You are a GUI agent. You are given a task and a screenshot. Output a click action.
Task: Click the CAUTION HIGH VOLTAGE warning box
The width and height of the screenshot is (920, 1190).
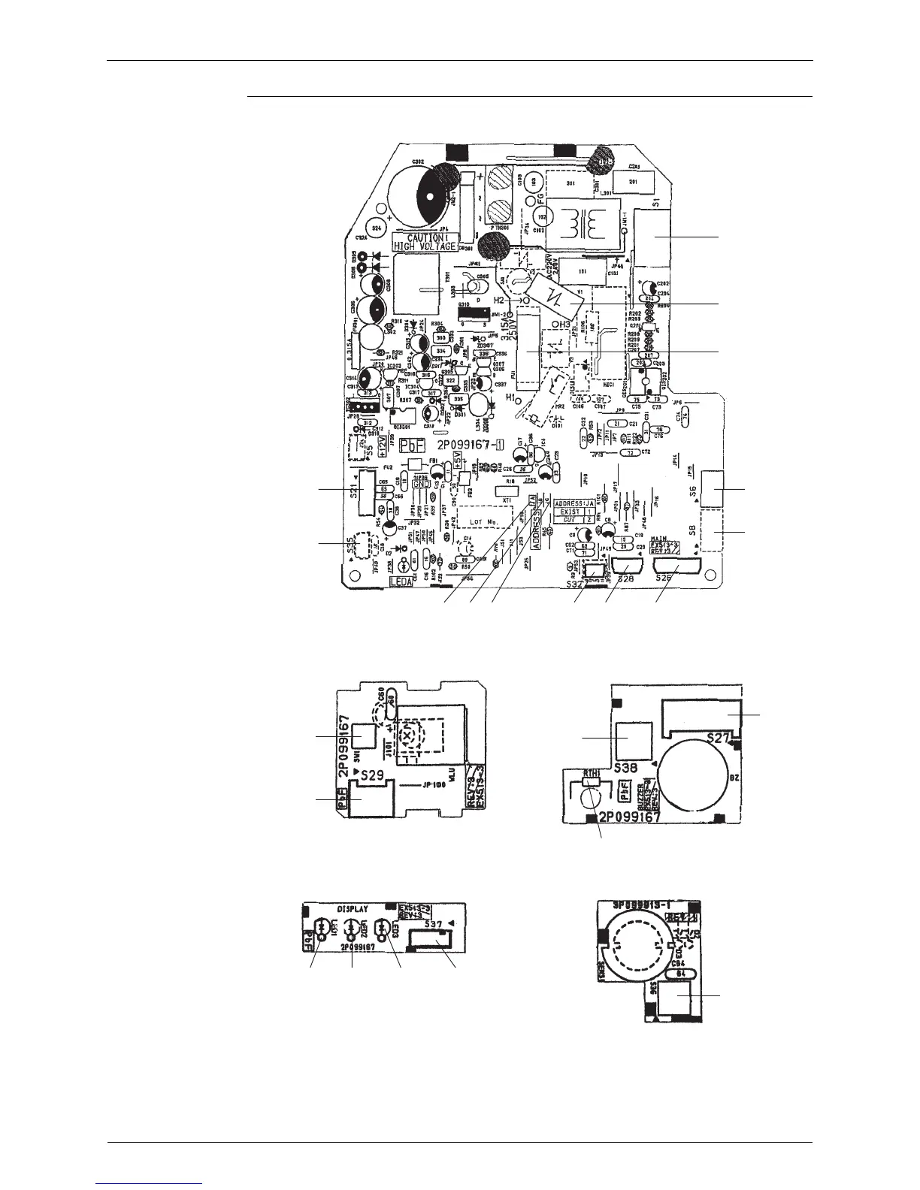coord(425,241)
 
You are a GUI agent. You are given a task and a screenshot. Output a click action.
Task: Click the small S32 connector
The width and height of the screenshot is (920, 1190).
coord(595,572)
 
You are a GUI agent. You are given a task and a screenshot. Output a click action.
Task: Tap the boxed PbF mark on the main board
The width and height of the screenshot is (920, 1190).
coord(413,445)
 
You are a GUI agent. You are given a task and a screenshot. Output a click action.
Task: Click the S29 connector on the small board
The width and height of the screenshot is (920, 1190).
coord(368,802)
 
